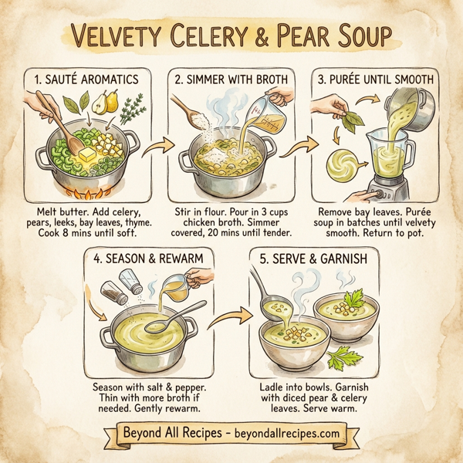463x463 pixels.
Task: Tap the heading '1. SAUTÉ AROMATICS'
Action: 86,79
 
